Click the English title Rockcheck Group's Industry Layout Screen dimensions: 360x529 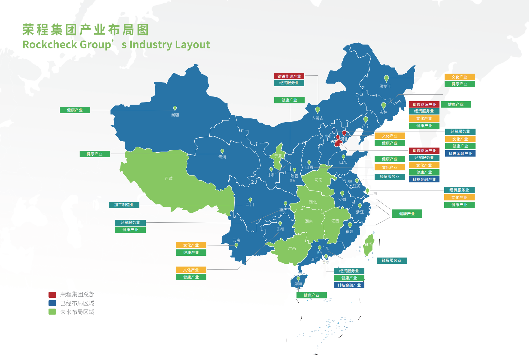point(116,44)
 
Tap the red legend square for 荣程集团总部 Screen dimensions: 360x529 point(52,294)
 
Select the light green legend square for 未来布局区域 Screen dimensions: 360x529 point(52,312)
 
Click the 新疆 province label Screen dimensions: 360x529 point(175,115)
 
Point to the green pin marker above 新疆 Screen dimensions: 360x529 point(175,108)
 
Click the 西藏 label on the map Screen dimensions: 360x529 point(169,178)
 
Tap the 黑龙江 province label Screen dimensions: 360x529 point(385,87)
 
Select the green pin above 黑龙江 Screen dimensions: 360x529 point(387,78)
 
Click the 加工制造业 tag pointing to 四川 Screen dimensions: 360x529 point(124,205)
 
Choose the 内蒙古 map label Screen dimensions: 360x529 point(318,118)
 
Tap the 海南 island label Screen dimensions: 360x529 point(298,284)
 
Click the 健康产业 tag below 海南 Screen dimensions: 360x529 point(311,295)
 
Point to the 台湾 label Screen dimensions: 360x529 point(368,244)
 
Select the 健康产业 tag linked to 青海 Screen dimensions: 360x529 point(95,154)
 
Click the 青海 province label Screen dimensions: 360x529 point(222,157)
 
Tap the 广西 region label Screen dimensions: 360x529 point(292,249)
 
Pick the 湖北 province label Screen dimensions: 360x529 point(313,202)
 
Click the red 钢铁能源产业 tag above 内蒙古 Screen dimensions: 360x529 point(289,76)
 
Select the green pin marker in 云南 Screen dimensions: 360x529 point(236,245)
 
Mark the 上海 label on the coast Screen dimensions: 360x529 point(373,193)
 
